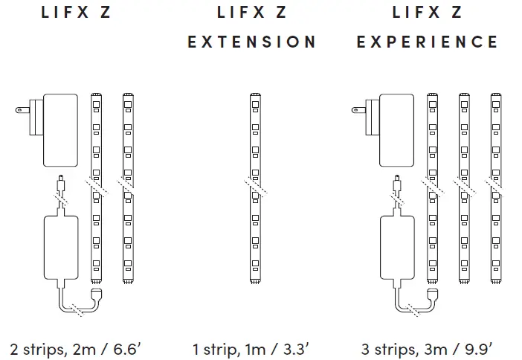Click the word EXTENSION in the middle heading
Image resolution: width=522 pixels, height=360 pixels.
click(x=251, y=42)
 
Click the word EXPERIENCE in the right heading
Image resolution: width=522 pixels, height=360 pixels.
click(x=427, y=42)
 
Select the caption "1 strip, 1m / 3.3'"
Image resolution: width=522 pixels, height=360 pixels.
click(x=251, y=348)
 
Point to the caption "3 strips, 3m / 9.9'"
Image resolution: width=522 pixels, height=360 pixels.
click(x=427, y=348)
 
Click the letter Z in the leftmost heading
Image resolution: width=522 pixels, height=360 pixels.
click(x=105, y=13)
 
